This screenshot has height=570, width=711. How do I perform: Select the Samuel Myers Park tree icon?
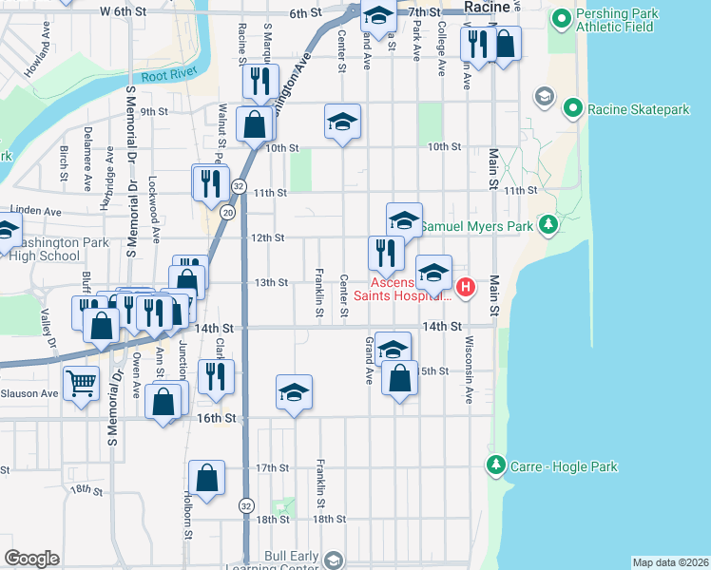point(548,225)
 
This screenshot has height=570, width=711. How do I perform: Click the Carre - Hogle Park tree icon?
point(495,465)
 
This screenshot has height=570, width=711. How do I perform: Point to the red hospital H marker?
point(466,286)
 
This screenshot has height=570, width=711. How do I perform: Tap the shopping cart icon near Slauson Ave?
point(82,385)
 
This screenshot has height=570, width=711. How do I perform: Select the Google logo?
point(31,559)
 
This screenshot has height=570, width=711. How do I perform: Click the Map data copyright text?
point(671,562)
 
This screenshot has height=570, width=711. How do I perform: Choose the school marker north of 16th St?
point(295,391)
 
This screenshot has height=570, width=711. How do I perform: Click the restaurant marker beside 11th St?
point(211,182)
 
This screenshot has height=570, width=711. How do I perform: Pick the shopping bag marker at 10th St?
point(255,123)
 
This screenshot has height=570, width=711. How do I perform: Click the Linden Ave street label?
point(35,211)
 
